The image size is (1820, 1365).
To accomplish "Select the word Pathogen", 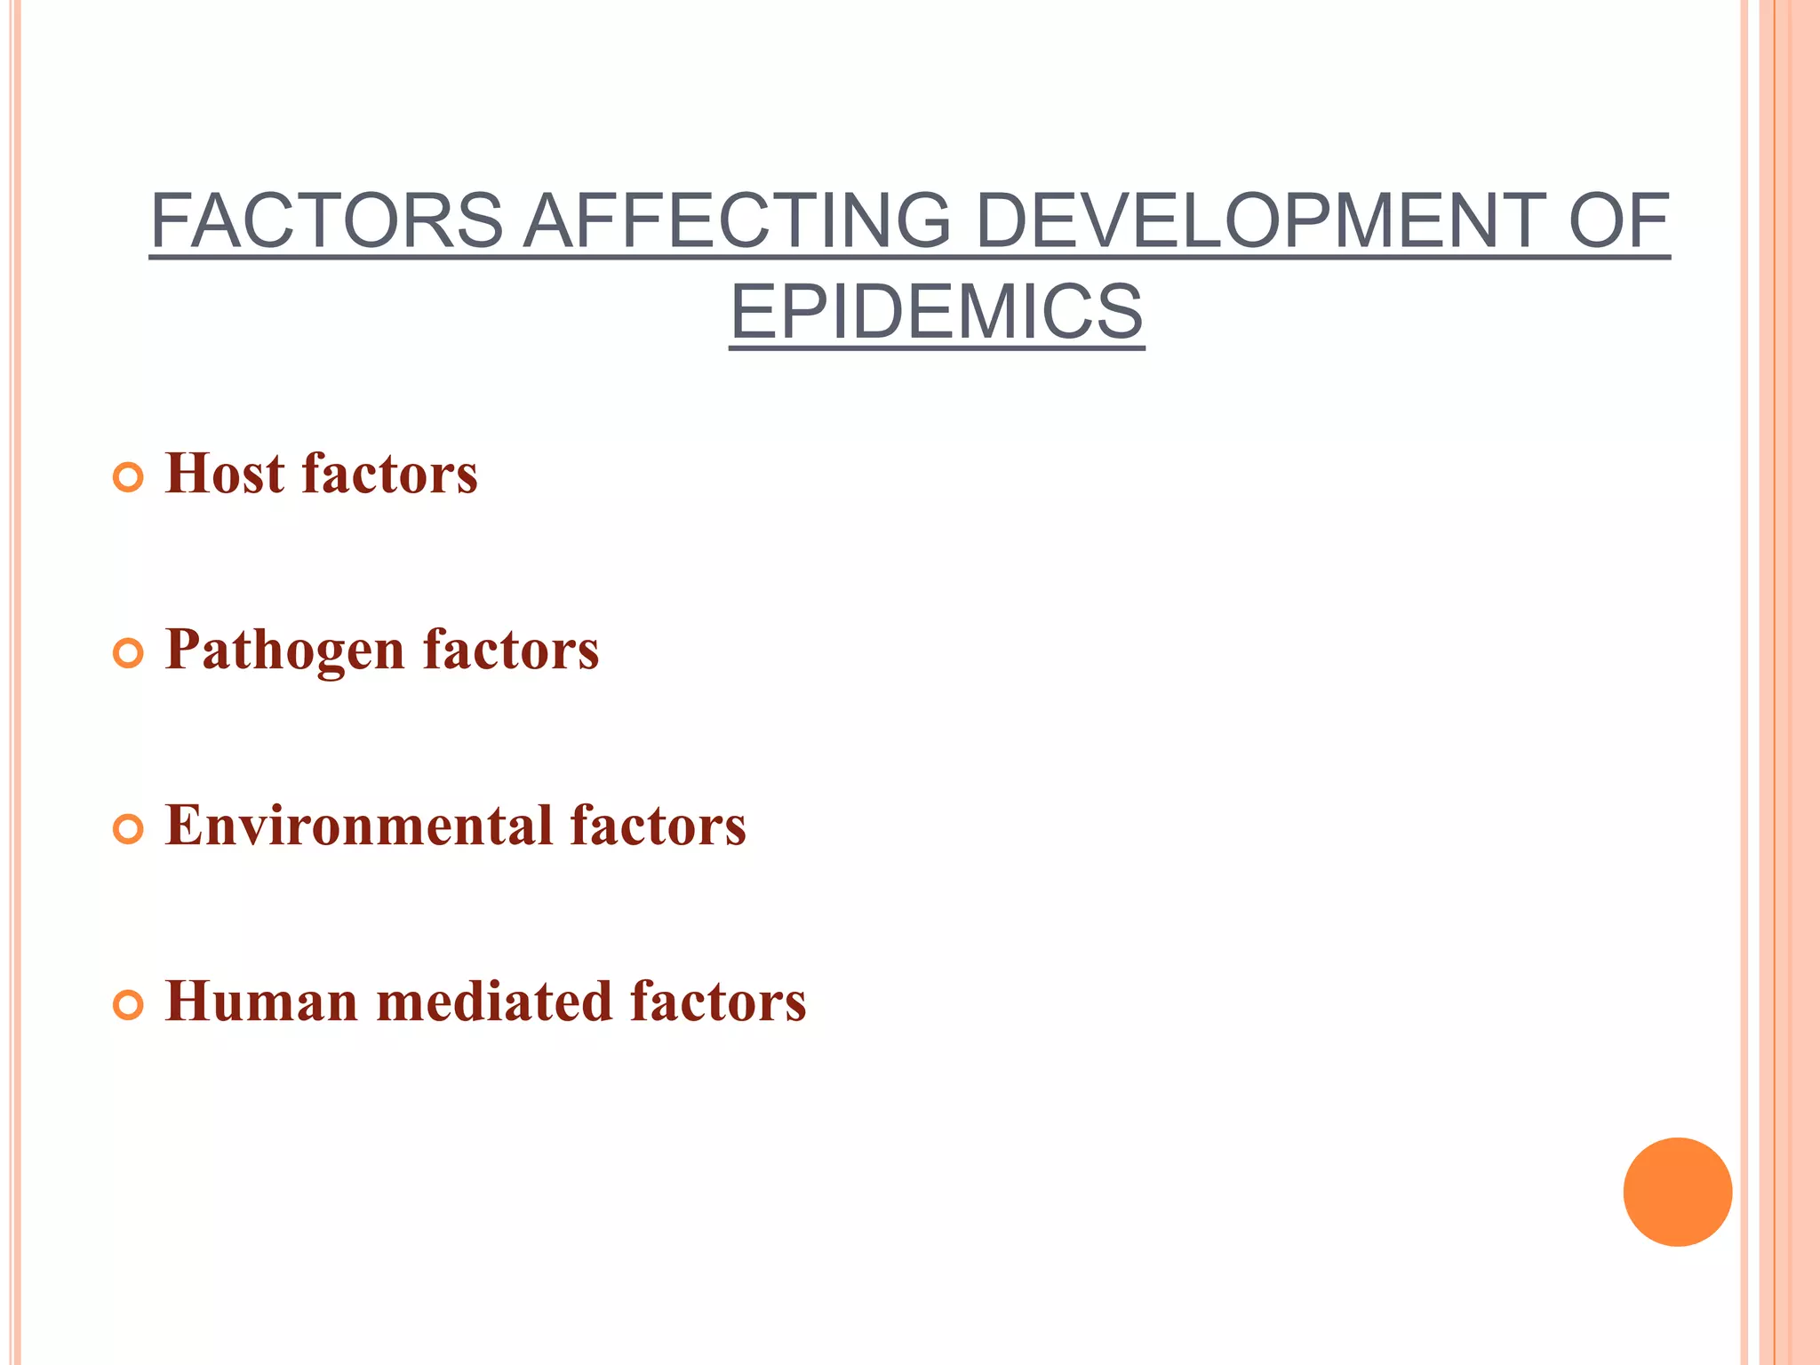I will pyautogui.click(x=284, y=651).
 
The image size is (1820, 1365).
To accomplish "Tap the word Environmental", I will pyautogui.click(x=359, y=826).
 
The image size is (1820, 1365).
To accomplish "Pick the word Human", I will pyautogui.click(x=261, y=1002).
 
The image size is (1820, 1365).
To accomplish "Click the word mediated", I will pyautogui.click(x=494, y=1002).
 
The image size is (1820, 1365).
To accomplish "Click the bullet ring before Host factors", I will pyautogui.click(x=129, y=478).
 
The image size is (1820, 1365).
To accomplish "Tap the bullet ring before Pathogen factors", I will pyautogui.click(x=129, y=654).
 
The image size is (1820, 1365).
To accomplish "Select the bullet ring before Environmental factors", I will pyautogui.click(x=129, y=830).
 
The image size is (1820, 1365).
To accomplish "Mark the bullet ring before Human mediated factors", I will pyautogui.click(x=129, y=1006).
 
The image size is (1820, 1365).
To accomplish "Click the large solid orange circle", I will pyautogui.click(x=1677, y=1192).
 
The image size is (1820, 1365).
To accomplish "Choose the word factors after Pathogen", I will pyautogui.click(x=511, y=650).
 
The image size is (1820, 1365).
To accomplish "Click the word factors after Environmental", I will pyautogui.click(x=658, y=826).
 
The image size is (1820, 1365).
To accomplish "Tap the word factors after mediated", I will pyautogui.click(x=718, y=1002).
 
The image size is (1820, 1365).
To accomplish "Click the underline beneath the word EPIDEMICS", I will pyautogui.click(x=937, y=348).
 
